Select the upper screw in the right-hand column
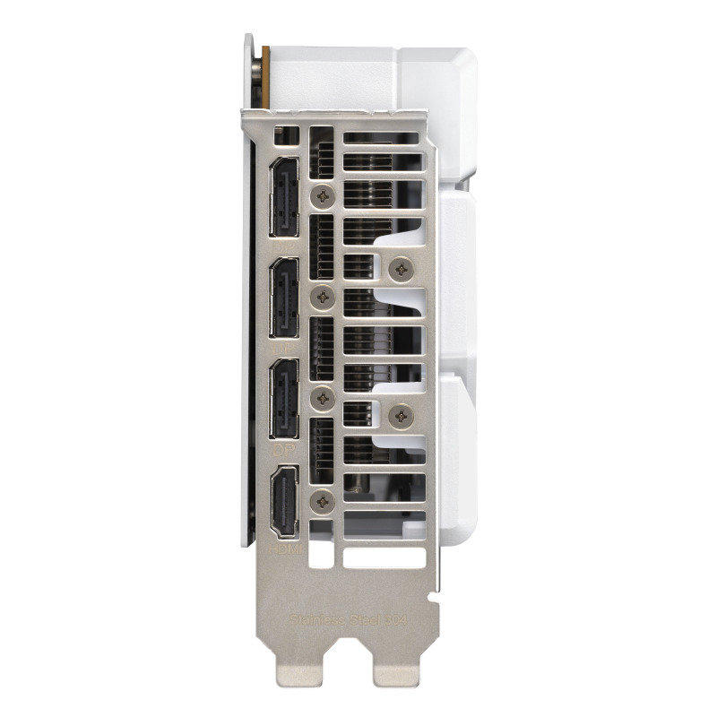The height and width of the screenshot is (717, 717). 400,264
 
